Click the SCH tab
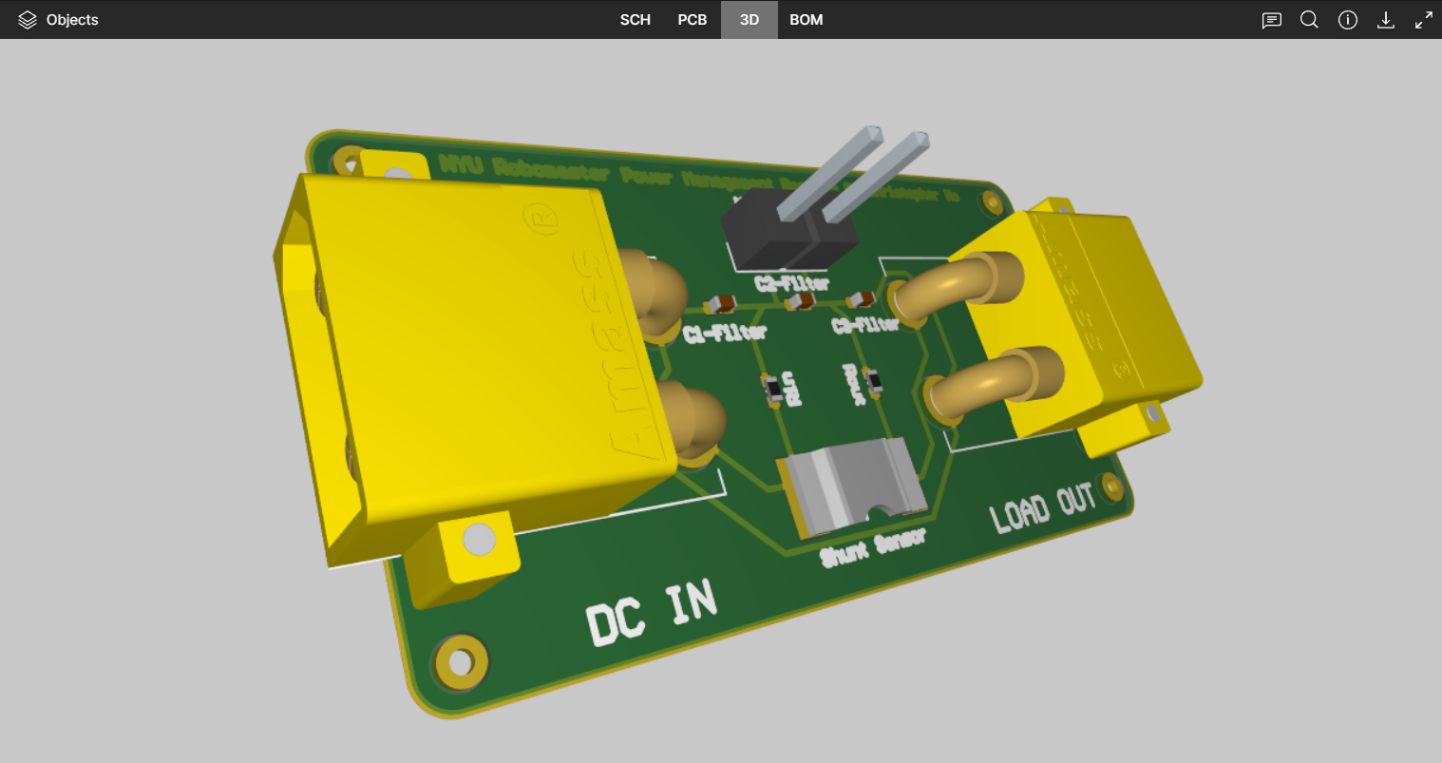click(x=635, y=20)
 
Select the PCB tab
click(x=692, y=20)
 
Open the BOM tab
click(x=806, y=20)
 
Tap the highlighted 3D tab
click(x=749, y=20)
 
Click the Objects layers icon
click(x=28, y=20)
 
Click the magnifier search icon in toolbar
click(x=1309, y=20)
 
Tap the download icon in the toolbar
click(x=1386, y=20)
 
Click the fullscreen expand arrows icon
click(x=1424, y=20)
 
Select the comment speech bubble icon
click(x=1271, y=20)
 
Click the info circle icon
click(x=1347, y=20)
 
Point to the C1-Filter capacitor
click(x=719, y=305)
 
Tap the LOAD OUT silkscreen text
click(x=1042, y=506)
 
